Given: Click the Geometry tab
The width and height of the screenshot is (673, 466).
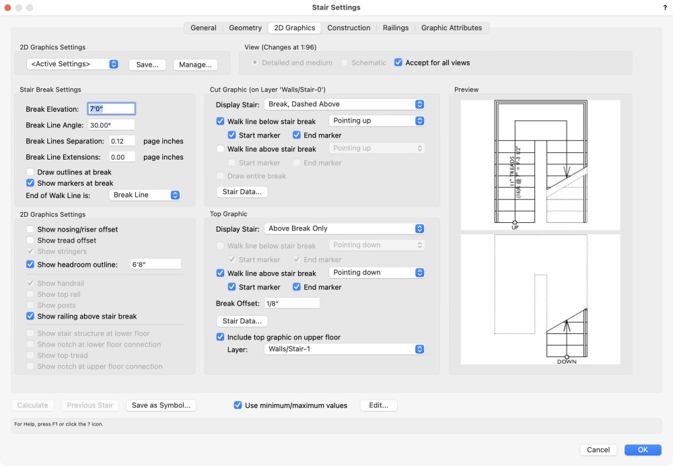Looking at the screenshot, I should click(x=245, y=28).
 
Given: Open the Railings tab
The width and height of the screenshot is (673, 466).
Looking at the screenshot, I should click(x=396, y=28).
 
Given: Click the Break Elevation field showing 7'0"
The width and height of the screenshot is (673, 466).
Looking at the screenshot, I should click(x=112, y=109).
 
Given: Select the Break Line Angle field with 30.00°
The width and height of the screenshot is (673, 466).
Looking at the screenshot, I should click(x=112, y=125).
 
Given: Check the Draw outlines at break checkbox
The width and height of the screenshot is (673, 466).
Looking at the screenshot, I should click(x=30, y=172).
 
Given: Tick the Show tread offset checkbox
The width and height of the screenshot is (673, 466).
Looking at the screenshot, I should click(x=30, y=240).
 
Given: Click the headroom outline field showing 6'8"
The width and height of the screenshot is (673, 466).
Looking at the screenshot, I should click(x=155, y=265).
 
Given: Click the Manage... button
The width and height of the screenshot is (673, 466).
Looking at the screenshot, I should click(x=196, y=65).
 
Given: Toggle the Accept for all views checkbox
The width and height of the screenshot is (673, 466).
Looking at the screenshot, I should click(x=398, y=63).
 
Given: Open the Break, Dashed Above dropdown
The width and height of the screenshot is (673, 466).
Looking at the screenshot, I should click(x=345, y=104).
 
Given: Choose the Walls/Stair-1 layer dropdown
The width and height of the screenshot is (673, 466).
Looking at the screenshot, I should click(x=345, y=349).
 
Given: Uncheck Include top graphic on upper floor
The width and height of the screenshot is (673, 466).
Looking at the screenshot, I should click(x=220, y=337).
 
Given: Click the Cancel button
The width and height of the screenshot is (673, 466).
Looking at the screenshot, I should click(x=598, y=450).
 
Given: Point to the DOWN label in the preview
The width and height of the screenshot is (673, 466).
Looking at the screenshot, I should click(x=567, y=362).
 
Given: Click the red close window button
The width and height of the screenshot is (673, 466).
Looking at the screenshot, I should click(x=8, y=7).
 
